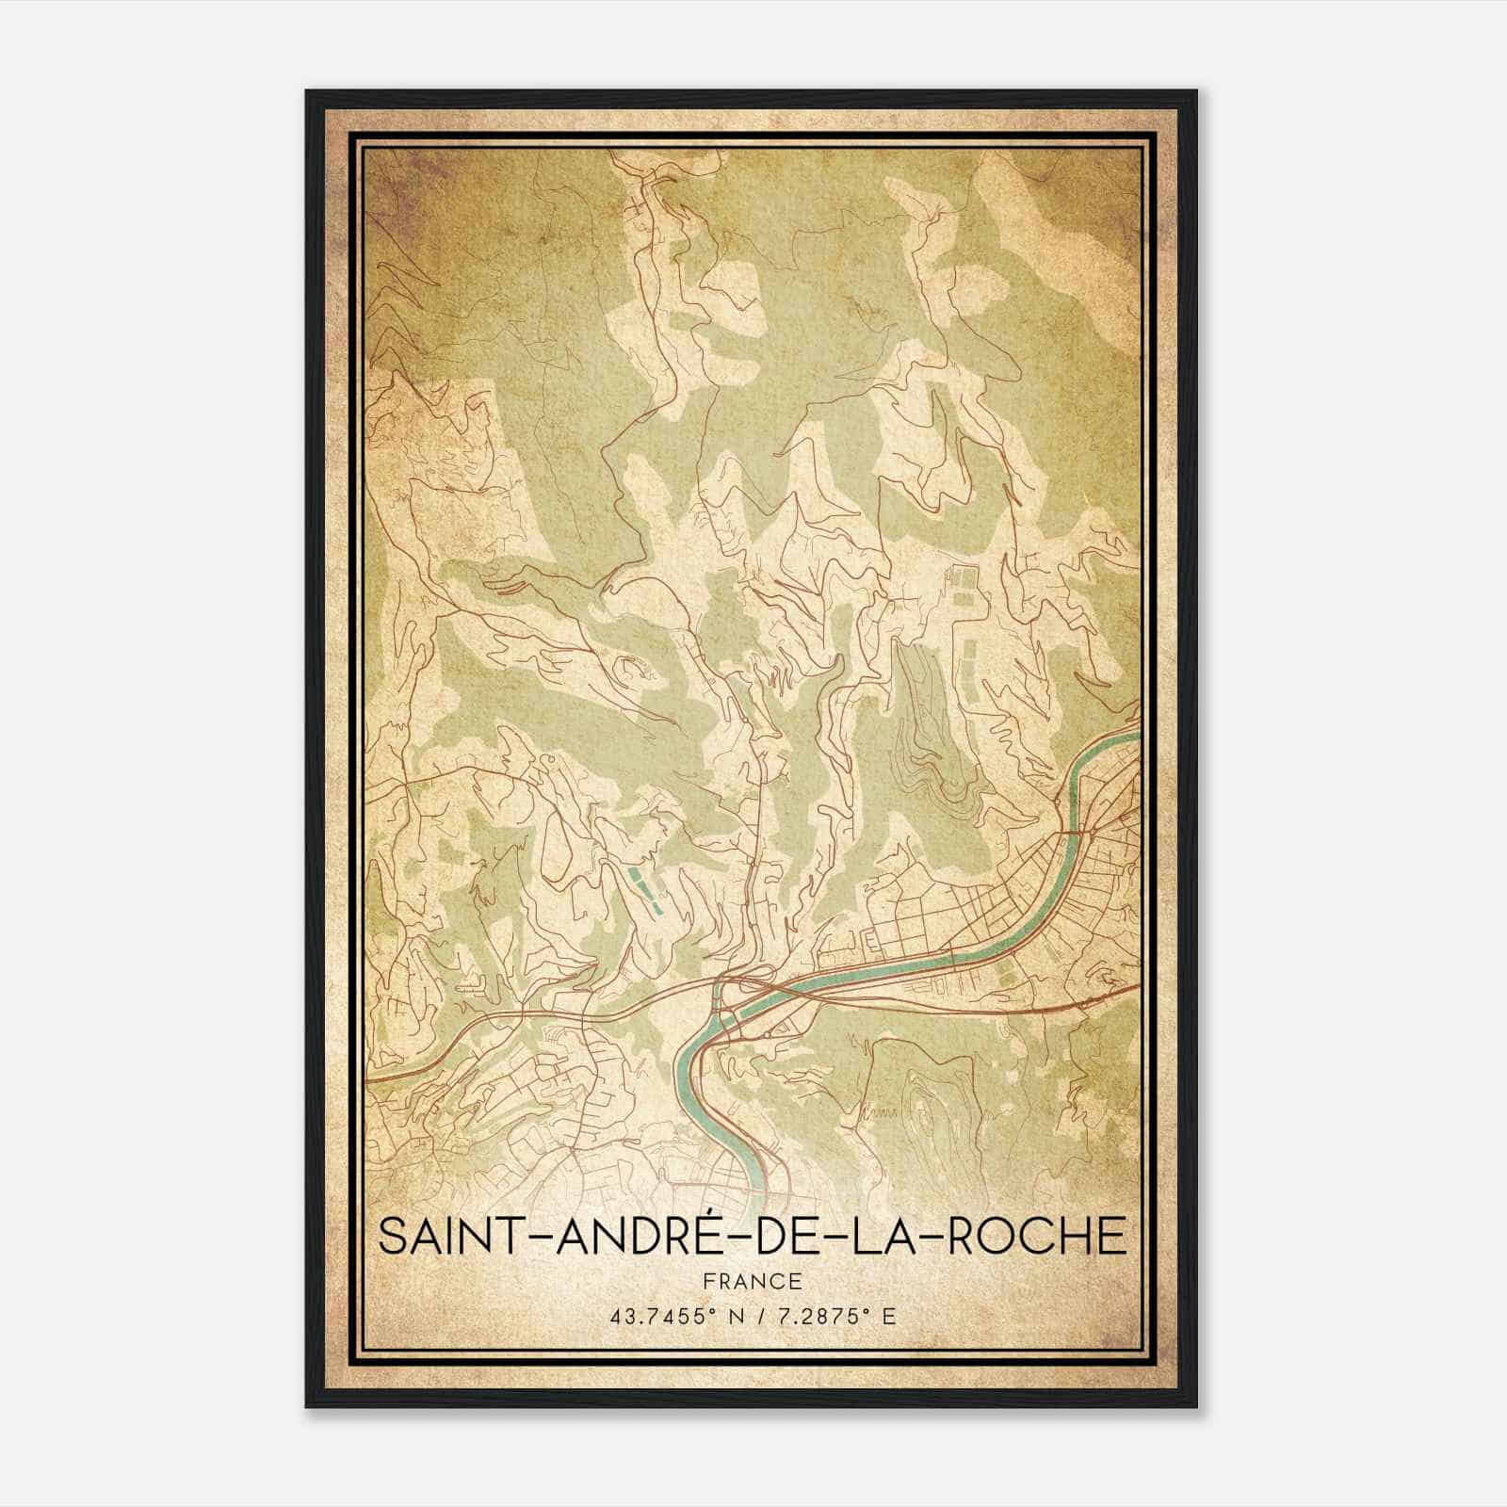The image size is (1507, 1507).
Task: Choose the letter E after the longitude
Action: pos(889,1316)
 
